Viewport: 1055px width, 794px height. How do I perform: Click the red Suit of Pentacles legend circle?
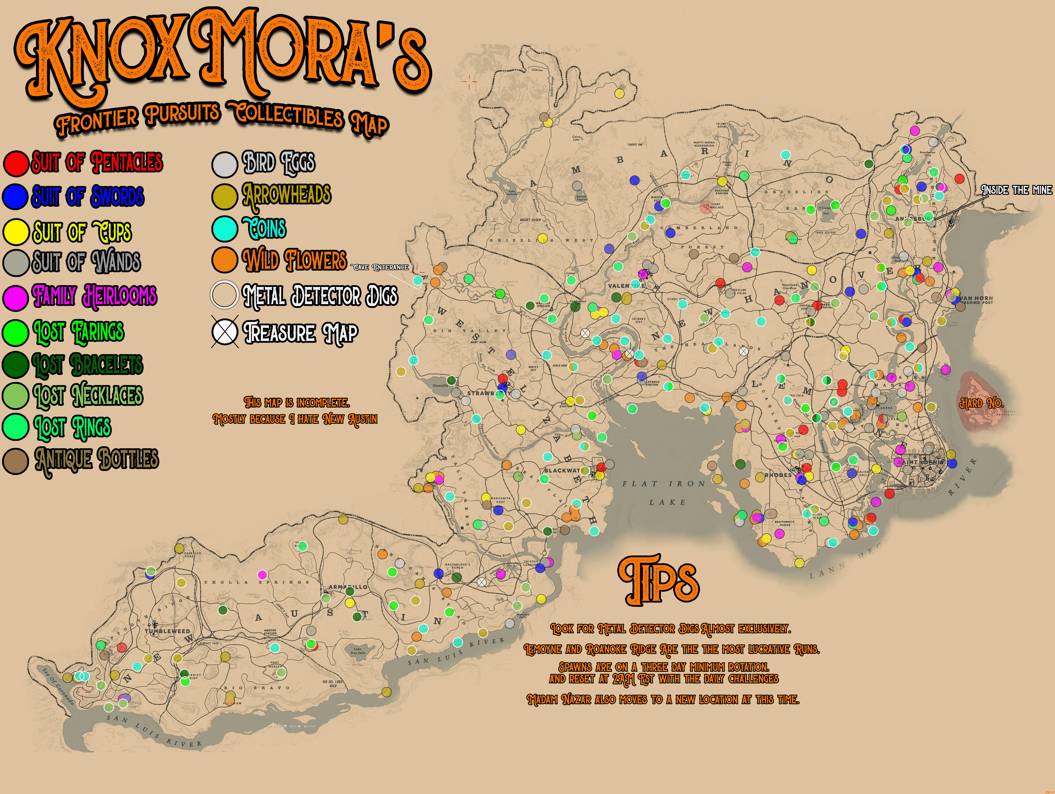coord(16,163)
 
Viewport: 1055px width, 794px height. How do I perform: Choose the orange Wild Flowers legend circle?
coord(225,260)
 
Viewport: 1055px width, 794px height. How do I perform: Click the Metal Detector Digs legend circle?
coord(225,295)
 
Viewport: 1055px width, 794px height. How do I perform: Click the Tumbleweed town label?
coord(167,631)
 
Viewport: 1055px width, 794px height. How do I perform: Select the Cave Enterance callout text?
coord(380,267)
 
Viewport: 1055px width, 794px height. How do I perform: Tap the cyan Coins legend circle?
coord(225,228)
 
